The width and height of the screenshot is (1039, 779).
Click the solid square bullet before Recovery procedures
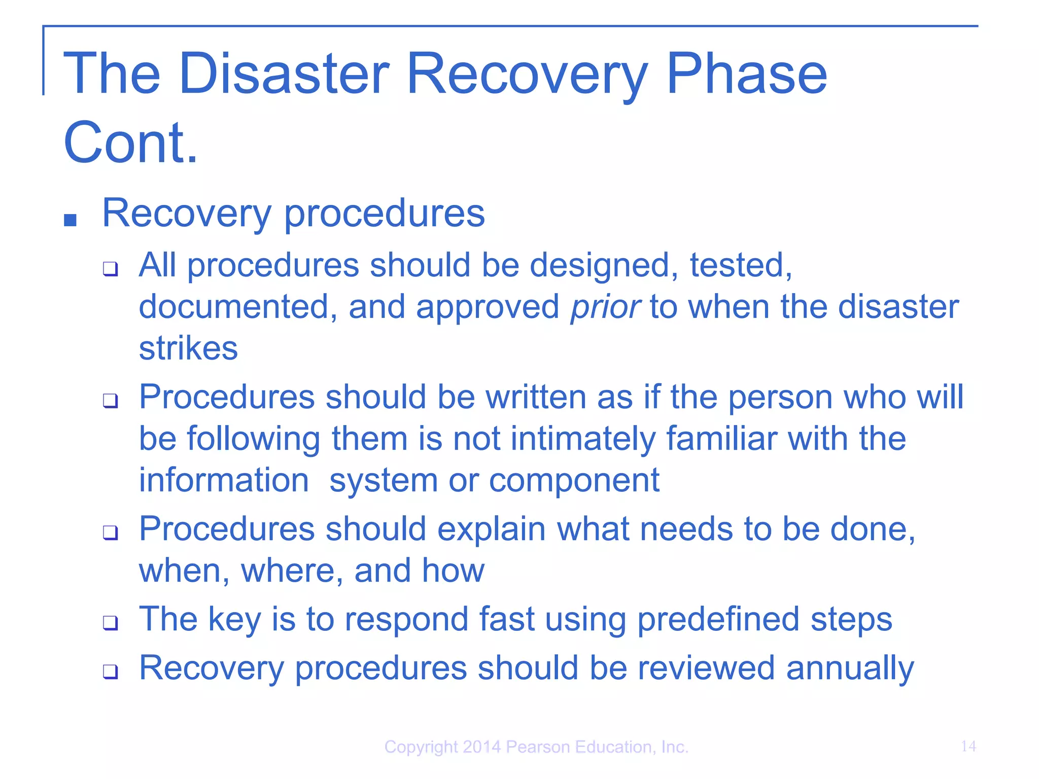tap(71, 220)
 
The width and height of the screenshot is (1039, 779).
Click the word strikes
tap(188, 348)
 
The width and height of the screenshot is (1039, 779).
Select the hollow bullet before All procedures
tap(110, 268)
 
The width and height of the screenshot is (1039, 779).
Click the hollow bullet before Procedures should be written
tap(110, 400)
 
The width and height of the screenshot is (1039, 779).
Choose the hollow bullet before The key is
tap(110, 622)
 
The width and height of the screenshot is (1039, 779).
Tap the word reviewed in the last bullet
tap(706, 668)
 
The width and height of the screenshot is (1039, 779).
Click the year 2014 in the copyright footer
tap(481, 747)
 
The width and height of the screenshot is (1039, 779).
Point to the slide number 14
tap(968, 746)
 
